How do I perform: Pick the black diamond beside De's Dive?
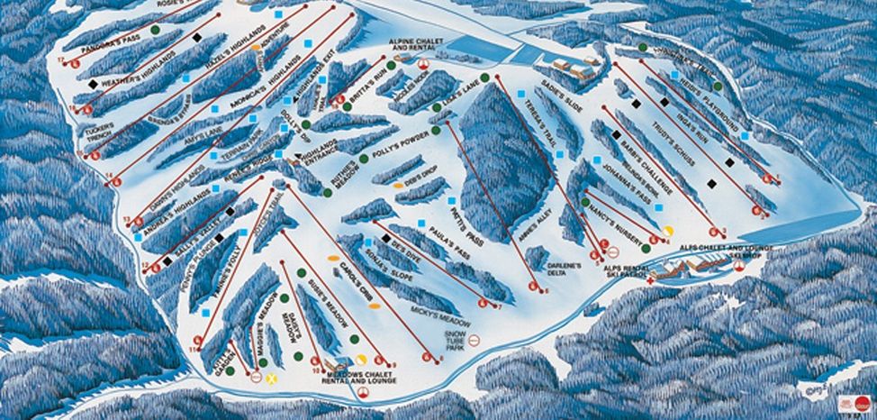coord(386,239)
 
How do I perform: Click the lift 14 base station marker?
coord(115,179)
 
